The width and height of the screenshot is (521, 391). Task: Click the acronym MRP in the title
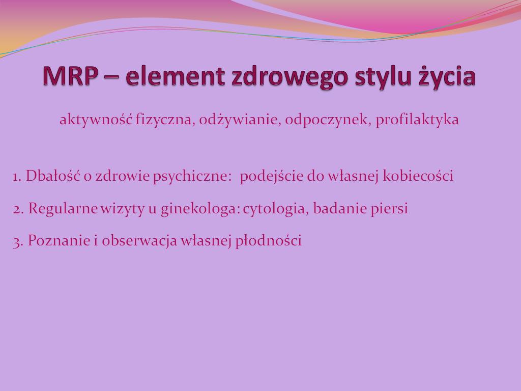click(x=70, y=76)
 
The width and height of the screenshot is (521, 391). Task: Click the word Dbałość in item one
click(x=53, y=176)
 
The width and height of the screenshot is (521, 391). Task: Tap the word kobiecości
click(x=418, y=176)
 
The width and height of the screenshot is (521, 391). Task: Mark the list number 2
click(x=18, y=209)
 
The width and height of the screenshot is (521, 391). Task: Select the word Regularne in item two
click(x=63, y=209)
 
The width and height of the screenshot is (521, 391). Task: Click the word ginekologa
click(x=200, y=209)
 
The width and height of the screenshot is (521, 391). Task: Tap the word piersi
click(x=389, y=209)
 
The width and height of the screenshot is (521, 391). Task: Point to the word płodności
click(x=269, y=241)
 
